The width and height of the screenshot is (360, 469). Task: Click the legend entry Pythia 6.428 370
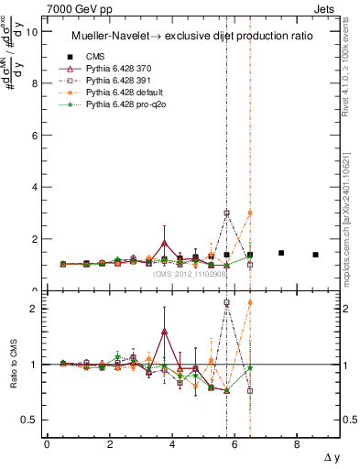coord(120,69)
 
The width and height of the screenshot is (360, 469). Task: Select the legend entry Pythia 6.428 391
coord(120,82)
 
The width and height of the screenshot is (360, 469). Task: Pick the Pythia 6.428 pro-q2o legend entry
coord(125,107)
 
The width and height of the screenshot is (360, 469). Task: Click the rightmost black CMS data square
coord(315,255)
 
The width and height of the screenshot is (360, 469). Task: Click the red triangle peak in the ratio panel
coord(164,331)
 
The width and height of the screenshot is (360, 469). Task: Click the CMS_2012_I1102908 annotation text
coord(190,273)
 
